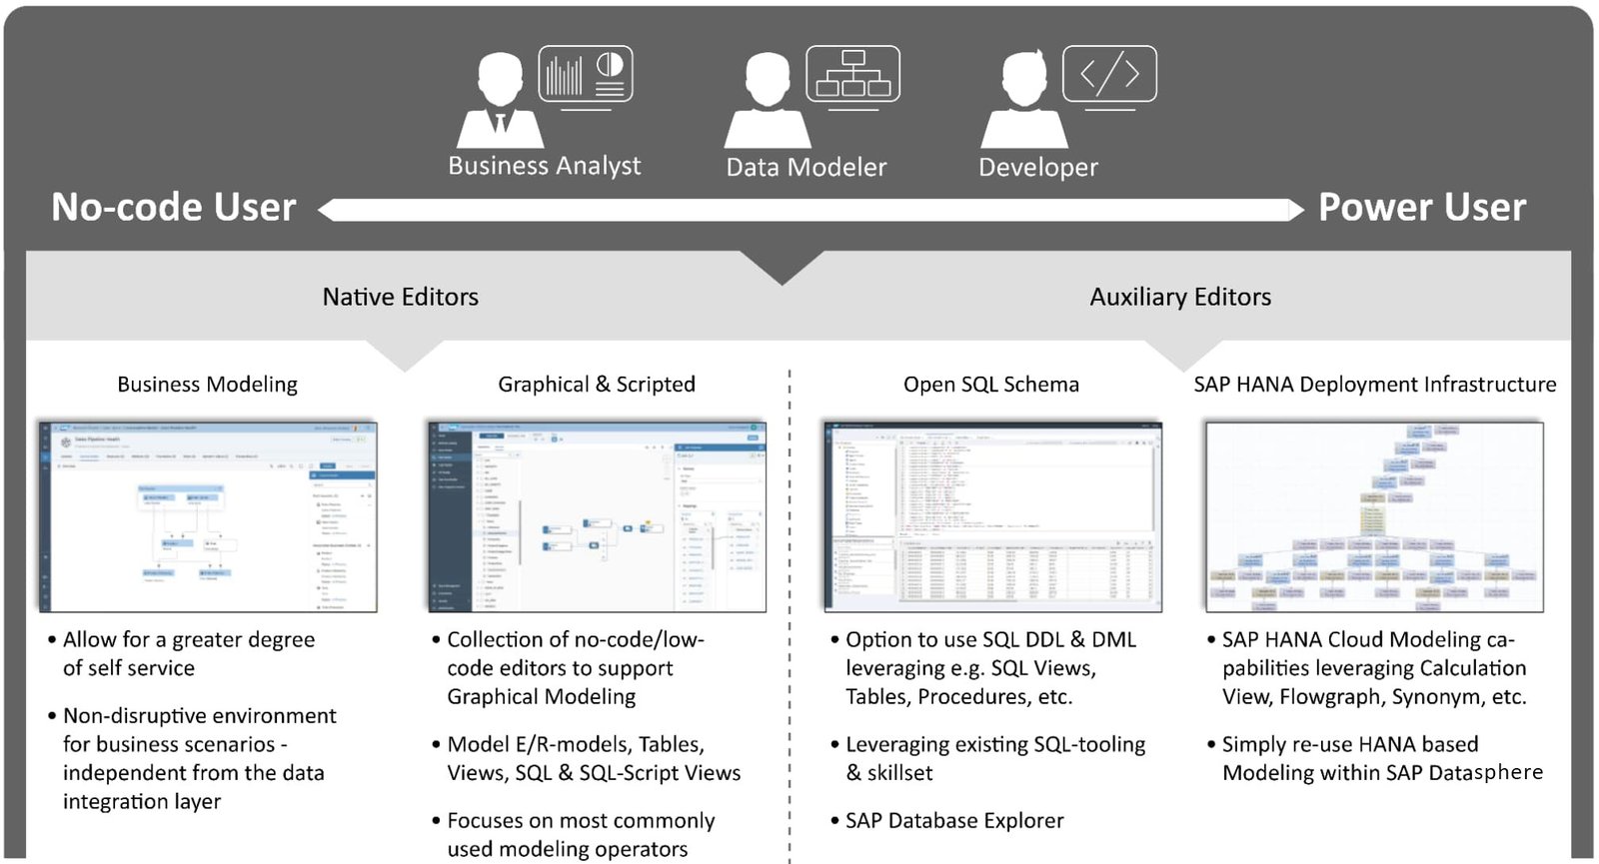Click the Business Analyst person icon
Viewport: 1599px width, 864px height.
pos(500,100)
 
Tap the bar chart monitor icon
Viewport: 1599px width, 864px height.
pos(586,74)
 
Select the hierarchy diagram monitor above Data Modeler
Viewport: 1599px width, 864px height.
pos(852,74)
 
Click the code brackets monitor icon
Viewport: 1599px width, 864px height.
pos(1109,74)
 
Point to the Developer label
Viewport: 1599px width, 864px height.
pos(1037,167)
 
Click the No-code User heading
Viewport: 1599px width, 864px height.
pos(174,208)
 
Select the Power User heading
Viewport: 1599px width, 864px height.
pos(1421,208)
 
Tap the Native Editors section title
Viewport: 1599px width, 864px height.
pos(400,297)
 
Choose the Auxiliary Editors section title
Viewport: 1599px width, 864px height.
pos(1180,297)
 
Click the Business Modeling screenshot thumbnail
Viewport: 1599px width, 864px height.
pos(208,516)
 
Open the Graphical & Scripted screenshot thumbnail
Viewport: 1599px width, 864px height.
pos(597,516)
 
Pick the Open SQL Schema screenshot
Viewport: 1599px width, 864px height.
pos(992,516)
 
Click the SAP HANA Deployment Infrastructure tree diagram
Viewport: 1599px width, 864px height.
pos(1374,516)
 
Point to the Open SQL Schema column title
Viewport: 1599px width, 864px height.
pos(990,385)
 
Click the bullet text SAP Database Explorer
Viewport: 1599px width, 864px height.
pos(954,821)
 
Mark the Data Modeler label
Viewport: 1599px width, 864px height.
pos(805,167)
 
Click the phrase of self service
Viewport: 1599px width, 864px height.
pos(129,668)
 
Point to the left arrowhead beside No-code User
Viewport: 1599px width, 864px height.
pos(327,210)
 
